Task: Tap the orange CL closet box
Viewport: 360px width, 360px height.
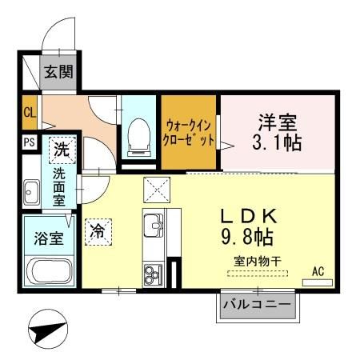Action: pyautogui.click(x=30, y=113)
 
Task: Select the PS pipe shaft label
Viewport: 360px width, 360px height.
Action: pyautogui.click(x=30, y=144)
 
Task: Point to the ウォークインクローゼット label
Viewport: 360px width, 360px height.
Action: pyautogui.click(x=190, y=132)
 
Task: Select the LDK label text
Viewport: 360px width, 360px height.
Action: pyautogui.click(x=249, y=216)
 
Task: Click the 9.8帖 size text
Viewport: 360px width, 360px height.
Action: pyautogui.click(x=249, y=238)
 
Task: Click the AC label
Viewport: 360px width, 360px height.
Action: pyautogui.click(x=318, y=272)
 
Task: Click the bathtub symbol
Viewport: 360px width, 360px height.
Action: pyautogui.click(x=50, y=271)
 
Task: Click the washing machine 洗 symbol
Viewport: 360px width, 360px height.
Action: pyautogui.click(x=61, y=149)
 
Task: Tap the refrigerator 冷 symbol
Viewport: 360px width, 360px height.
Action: pyautogui.click(x=98, y=230)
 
